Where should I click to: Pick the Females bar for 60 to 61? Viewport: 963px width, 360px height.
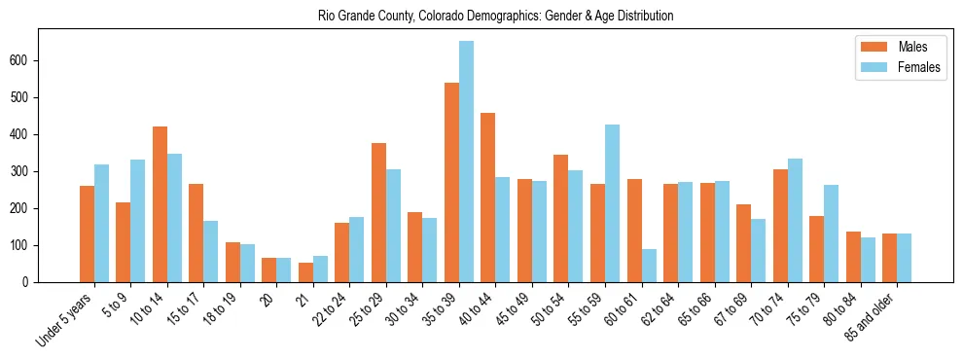pos(649,266)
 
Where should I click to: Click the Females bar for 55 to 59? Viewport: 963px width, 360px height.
pos(612,203)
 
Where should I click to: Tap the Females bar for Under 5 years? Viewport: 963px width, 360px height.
pos(101,224)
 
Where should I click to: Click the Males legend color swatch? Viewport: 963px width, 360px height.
pos(873,47)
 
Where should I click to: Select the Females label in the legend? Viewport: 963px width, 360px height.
pos(919,67)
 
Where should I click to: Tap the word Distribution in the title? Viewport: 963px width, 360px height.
pos(644,17)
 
